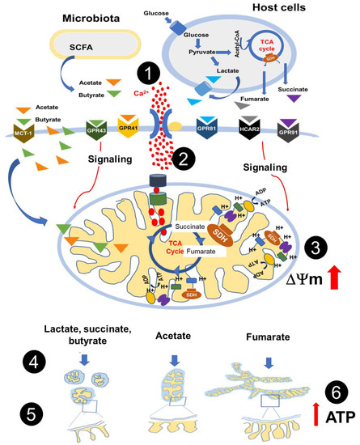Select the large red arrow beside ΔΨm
pyautogui.click(x=334, y=278)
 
